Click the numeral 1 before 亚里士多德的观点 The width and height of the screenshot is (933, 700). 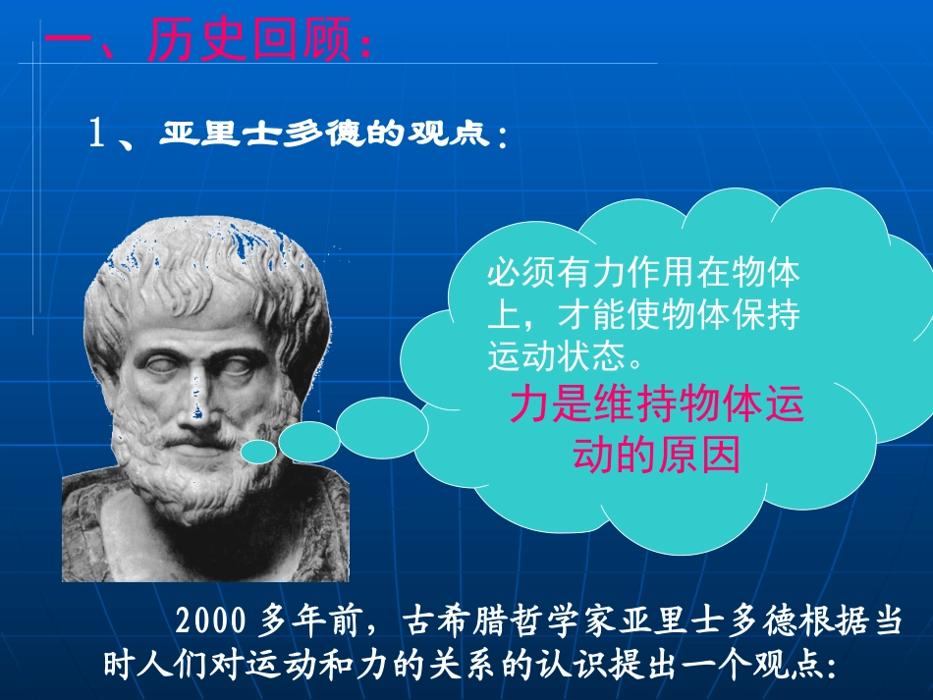(97, 135)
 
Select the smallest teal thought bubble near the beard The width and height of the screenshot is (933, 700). (258, 452)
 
